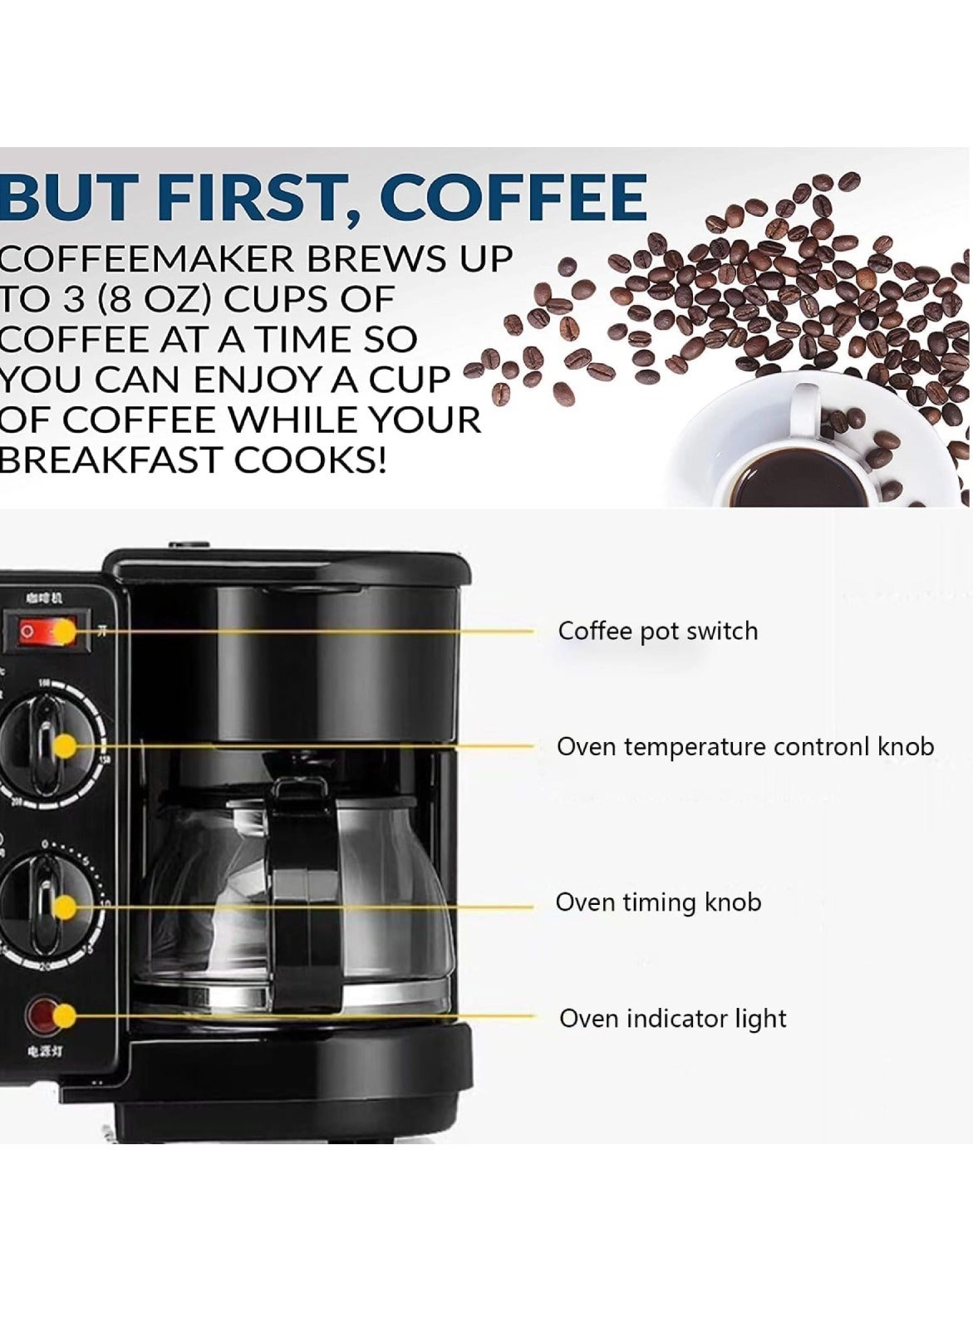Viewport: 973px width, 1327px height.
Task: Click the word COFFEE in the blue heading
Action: [x=513, y=197]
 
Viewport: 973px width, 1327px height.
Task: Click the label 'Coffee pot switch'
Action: [x=657, y=631]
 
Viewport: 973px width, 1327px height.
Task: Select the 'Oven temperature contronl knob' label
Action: [x=744, y=746]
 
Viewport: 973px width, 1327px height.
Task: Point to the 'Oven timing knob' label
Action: [x=657, y=902]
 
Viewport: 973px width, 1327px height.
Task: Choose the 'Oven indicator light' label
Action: [x=672, y=1018]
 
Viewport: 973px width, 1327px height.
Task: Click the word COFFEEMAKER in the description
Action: [x=145, y=259]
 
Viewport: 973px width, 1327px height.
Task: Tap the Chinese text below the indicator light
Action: [x=44, y=1051]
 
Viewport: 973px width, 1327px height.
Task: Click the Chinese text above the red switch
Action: [x=44, y=597]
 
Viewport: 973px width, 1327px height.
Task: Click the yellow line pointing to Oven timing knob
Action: [x=332, y=907]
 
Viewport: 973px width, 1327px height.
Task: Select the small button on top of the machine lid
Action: [x=189, y=546]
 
